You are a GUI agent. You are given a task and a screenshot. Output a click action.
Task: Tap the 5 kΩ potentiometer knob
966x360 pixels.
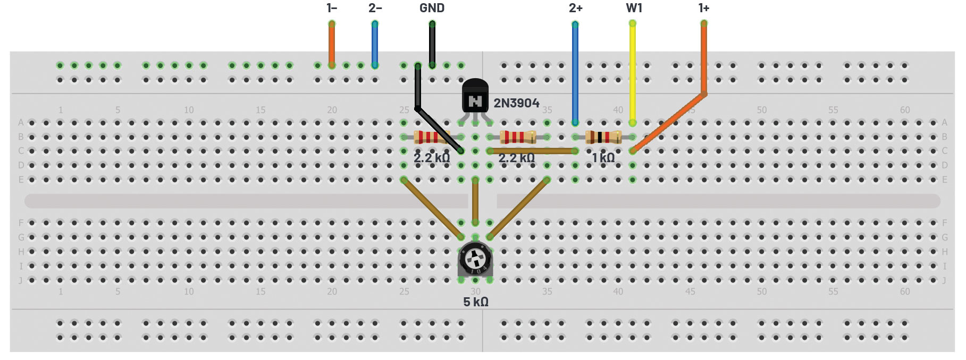coord(475,259)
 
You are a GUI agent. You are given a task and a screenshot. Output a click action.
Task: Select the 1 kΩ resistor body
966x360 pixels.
coord(603,137)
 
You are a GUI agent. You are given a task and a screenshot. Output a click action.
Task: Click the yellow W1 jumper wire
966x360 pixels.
coord(632,74)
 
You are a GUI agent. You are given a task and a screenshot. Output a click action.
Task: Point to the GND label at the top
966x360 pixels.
coord(432,8)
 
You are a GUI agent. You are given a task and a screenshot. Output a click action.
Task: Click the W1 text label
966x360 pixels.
coord(634,8)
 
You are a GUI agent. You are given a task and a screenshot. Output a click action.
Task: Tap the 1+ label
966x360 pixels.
coord(703,8)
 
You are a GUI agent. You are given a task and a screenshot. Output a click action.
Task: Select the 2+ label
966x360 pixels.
coord(575,8)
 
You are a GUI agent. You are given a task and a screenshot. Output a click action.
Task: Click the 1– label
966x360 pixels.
coord(331,8)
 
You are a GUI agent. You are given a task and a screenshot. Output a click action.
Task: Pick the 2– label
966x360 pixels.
coord(375,8)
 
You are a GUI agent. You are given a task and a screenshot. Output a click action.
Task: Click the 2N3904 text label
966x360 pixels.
coord(516,103)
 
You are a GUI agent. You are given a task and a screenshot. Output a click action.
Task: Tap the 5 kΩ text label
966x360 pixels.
coord(475,302)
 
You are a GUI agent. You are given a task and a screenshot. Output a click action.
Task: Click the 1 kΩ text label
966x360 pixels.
coord(603,158)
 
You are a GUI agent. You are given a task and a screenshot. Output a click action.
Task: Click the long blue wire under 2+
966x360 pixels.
coord(575,74)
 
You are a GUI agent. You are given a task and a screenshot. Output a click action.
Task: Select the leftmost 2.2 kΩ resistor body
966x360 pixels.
coord(432,137)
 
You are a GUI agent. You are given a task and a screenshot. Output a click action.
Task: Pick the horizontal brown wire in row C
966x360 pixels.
coord(532,151)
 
